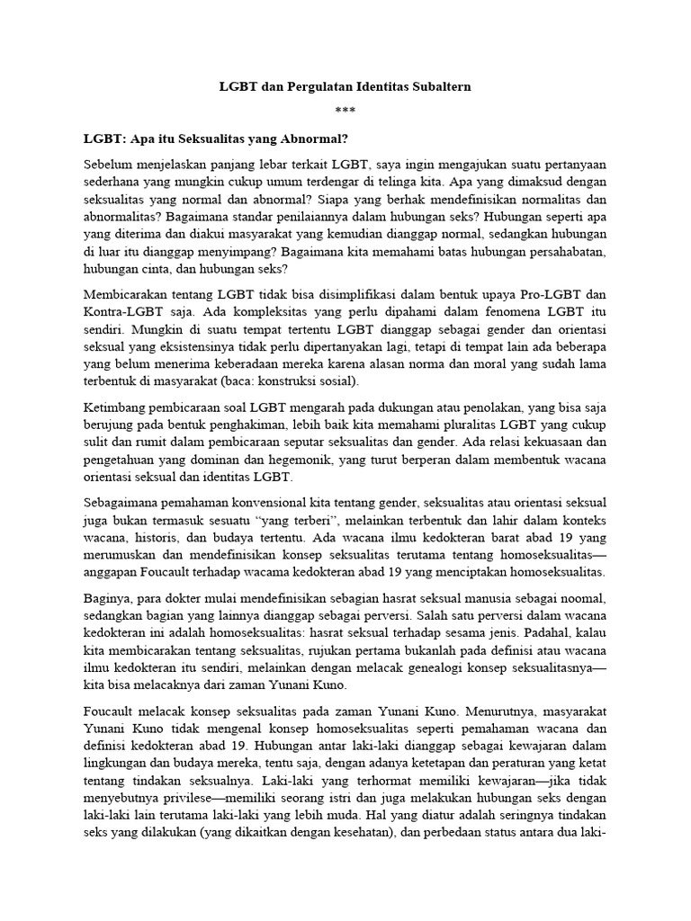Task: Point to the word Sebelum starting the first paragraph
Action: [109, 165]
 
